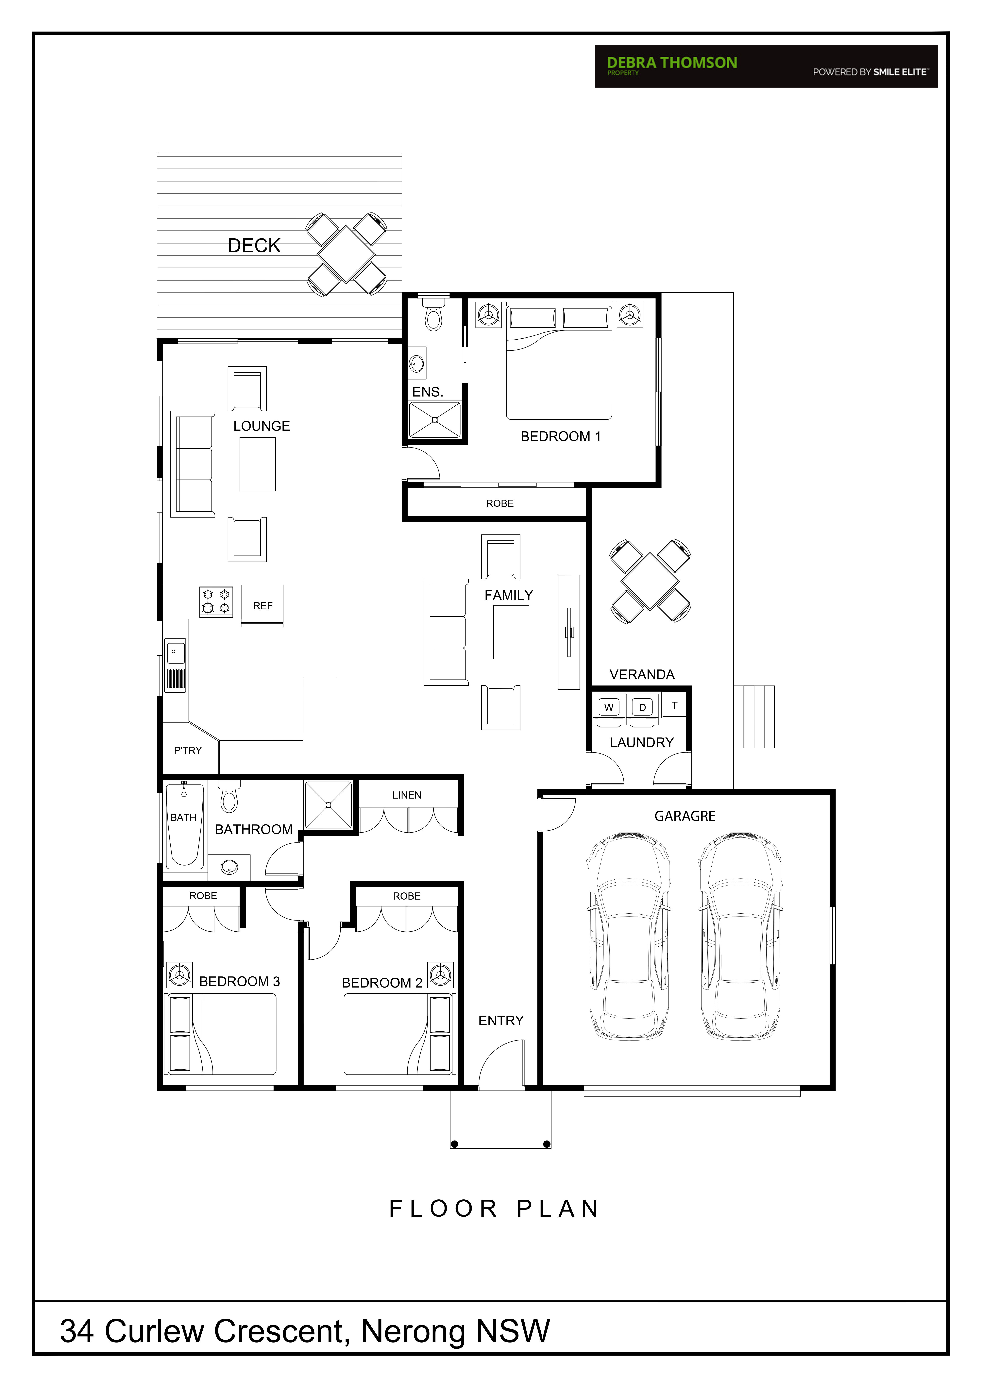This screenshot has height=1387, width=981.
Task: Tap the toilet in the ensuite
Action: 433,313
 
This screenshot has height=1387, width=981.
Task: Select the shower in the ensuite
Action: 435,420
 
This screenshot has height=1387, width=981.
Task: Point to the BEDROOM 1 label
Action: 561,436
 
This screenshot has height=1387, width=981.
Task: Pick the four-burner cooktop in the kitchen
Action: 216,602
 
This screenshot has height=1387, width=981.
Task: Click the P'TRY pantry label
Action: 188,750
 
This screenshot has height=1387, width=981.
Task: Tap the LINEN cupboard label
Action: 407,795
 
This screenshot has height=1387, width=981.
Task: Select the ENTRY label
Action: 501,1020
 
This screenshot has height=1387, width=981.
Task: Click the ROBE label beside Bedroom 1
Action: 499,503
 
